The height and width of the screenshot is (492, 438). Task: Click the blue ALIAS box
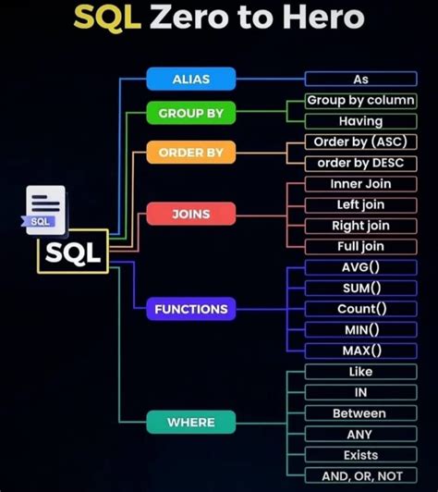[x=191, y=79]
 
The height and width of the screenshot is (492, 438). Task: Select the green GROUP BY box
[x=191, y=113]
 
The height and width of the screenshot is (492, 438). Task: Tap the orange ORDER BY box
[x=191, y=153]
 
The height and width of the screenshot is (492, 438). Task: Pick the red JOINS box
[x=191, y=214]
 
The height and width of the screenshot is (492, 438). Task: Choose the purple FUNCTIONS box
[x=191, y=309]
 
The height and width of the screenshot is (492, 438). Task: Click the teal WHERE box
[x=191, y=423]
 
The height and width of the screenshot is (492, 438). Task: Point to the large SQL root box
[x=73, y=252]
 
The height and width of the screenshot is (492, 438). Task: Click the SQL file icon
[x=45, y=209]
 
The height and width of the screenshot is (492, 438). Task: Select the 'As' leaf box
[x=360, y=80]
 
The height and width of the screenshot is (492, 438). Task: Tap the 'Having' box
[x=360, y=121]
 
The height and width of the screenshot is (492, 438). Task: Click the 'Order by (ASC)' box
[x=360, y=141]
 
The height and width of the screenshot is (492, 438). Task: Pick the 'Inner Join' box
[x=360, y=184]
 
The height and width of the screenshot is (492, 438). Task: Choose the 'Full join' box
[x=360, y=246]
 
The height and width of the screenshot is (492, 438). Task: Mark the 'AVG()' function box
[x=360, y=267]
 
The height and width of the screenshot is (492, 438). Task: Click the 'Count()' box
[x=360, y=309]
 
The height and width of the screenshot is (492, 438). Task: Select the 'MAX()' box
[x=360, y=351]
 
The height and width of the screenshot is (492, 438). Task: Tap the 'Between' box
[x=360, y=413]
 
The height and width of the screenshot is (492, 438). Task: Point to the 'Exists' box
[x=360, y=455]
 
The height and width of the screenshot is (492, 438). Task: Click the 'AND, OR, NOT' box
[x=360, y=475]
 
